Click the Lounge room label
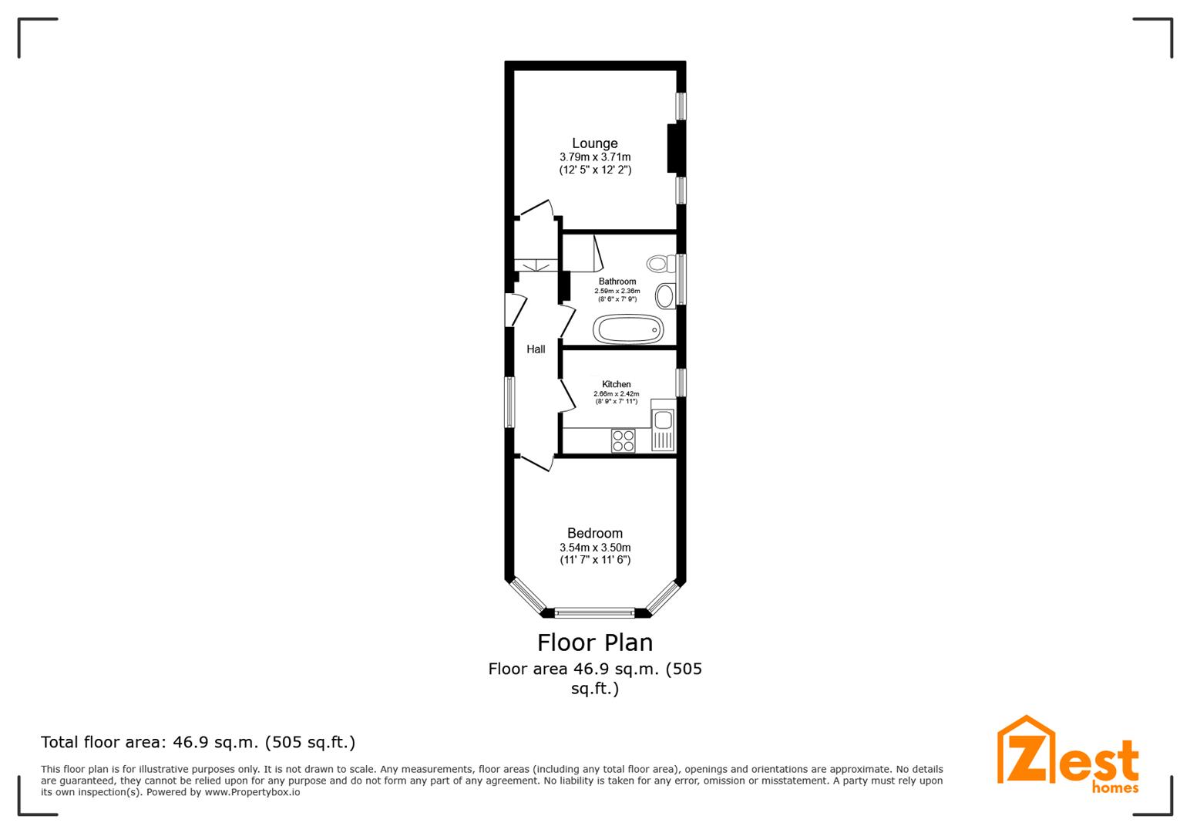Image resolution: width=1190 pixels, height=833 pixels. point(594,143)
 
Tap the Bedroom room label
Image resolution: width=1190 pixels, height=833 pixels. point(594,533)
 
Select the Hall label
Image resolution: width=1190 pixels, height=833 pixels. point(536,349)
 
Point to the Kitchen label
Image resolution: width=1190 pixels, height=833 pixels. point(617,384)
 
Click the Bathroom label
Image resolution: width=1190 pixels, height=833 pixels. point(617,282)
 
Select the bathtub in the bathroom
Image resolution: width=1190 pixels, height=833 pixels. point(628,330)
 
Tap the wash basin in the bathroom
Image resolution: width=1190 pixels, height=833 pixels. point(665,295)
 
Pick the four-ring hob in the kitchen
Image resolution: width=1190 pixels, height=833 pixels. point(623,440)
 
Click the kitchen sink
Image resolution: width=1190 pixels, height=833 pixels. point(663,420)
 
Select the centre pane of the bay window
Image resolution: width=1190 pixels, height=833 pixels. point(594,613)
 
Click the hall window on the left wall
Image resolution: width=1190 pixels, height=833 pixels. point(509,402)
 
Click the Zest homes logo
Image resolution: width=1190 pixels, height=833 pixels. point(1067,756)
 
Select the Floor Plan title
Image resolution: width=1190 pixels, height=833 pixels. point(594,642)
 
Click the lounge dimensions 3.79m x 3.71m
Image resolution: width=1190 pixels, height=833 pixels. point(595,157)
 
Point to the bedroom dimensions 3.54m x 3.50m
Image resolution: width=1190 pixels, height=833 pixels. point(595,548)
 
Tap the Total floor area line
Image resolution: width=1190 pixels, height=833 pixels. point(198,743)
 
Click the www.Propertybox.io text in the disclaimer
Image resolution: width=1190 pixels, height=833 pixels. point(252,792)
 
